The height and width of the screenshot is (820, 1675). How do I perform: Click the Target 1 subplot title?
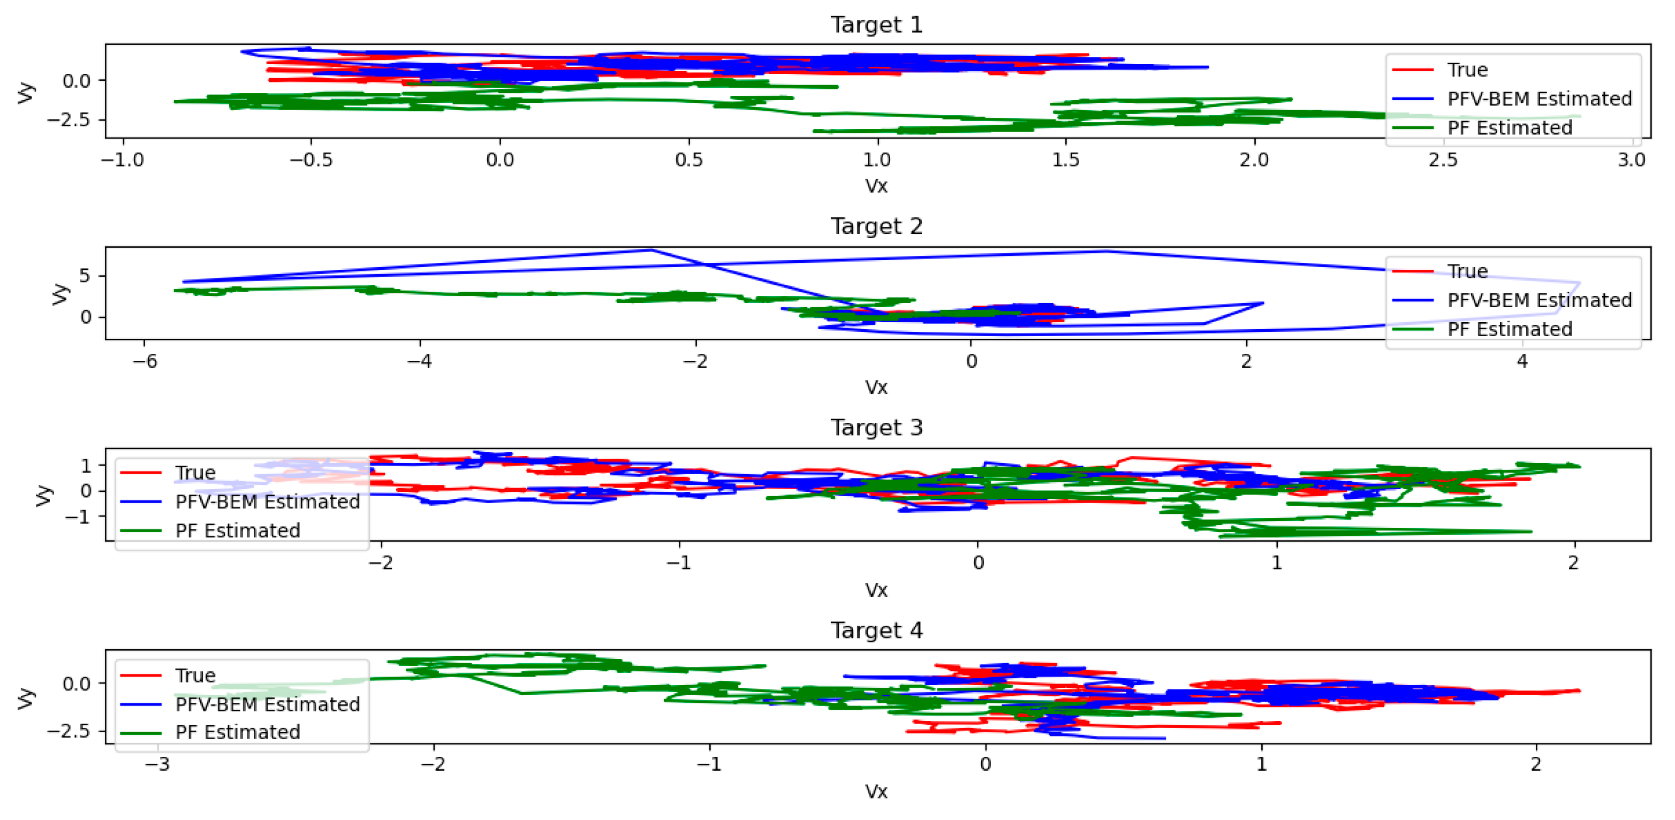pos(876,25)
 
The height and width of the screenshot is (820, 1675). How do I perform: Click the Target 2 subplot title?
pos(876,226)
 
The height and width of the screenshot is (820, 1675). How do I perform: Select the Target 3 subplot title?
pos(876,428)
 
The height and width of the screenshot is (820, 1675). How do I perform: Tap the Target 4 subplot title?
pos(876,630)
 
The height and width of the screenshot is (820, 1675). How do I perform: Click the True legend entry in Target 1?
pos(1467,70)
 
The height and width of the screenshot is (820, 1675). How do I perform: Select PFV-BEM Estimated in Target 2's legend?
pos(1538,300)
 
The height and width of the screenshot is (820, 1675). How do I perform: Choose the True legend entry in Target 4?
pos(195,675)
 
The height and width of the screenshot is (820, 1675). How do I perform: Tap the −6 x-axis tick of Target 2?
pos(145,361)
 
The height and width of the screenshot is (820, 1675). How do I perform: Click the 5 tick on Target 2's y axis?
pos(85,276)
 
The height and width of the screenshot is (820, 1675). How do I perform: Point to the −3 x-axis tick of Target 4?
pos(157,765)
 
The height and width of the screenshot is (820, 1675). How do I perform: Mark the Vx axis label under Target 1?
pos(876,186)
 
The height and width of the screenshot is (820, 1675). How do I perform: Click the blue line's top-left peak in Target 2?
pos(650,250)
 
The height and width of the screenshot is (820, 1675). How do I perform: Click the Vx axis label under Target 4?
pos(876,792)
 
